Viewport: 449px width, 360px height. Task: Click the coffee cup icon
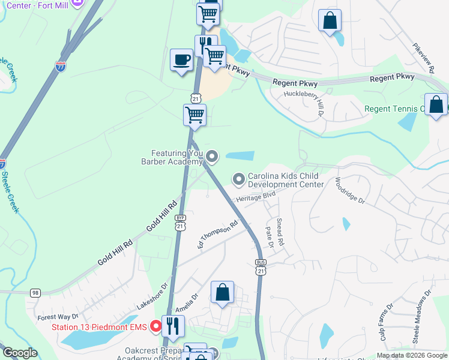(x=181, y=60)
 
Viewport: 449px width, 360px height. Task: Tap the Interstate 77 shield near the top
(x=61, y=66)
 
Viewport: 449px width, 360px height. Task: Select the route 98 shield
(x=36, y=292)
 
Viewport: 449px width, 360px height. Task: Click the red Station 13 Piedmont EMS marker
(x=155, y=326)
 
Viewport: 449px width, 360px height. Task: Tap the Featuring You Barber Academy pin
(x=211, y=157)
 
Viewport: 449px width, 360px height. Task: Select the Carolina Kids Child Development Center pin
(x=239, y=179)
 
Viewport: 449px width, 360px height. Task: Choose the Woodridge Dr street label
(x=350, y=191)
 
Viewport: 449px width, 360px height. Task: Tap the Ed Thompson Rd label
(x=218, y=235)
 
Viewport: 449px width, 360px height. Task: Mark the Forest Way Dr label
(x=58, y=317)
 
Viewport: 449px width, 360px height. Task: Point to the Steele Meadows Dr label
(x=420, y=317)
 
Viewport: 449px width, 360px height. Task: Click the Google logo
(x=20, y=353)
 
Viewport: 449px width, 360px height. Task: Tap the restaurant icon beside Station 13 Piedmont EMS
(x=173, y=326)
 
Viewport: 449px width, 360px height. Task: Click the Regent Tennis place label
(x=394, y=109)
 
